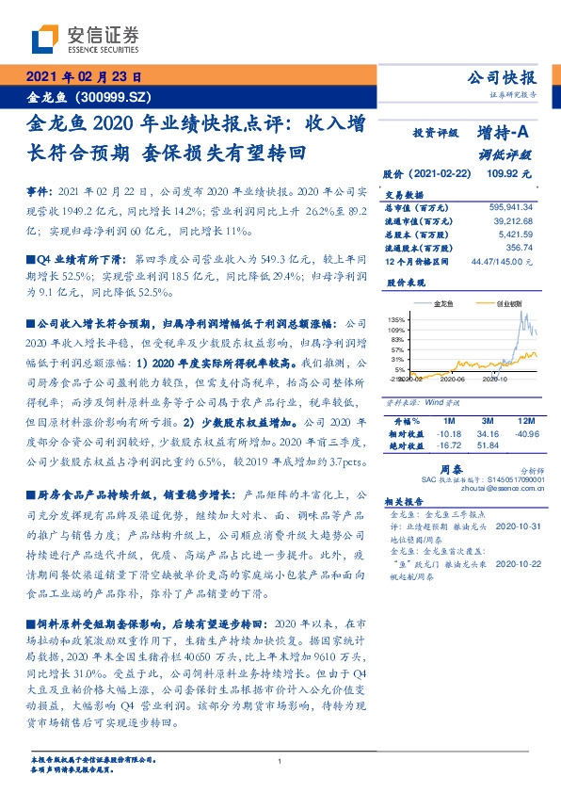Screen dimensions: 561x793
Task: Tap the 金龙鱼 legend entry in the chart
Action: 443,303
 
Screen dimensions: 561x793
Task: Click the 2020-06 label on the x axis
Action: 451,380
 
